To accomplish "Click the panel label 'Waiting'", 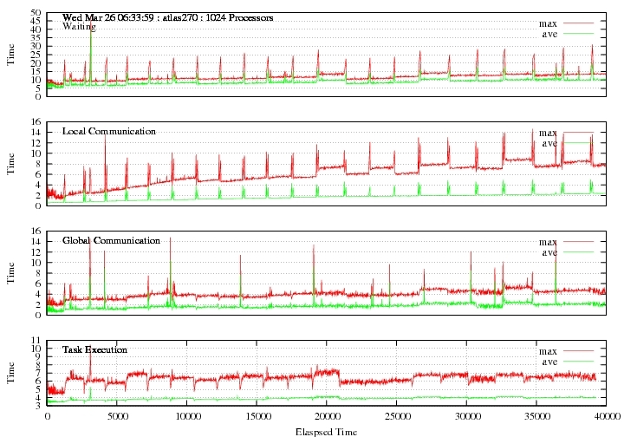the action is [79, 27].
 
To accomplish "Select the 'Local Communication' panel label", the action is [109, 131].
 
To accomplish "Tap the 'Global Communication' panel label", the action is [112, 240].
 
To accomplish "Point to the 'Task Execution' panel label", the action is [94, 349].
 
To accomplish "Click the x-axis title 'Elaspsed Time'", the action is [327, 432].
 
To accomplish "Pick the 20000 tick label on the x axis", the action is [327, 417].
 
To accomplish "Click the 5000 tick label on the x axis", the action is [117, 417].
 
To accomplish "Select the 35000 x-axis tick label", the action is [536, 417].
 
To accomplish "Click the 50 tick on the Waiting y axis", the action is [36, 13].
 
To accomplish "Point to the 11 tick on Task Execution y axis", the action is [36, 340].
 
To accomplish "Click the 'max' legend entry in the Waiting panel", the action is [548, 24].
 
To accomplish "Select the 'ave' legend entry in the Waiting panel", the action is [549, 34].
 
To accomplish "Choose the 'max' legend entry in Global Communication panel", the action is [548, 242].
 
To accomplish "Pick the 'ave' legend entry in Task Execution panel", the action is [549, 362].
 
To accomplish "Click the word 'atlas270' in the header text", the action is [181, 18].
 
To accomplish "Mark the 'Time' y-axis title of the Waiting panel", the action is [10, 55].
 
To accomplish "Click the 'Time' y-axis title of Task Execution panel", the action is [10, 373].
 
